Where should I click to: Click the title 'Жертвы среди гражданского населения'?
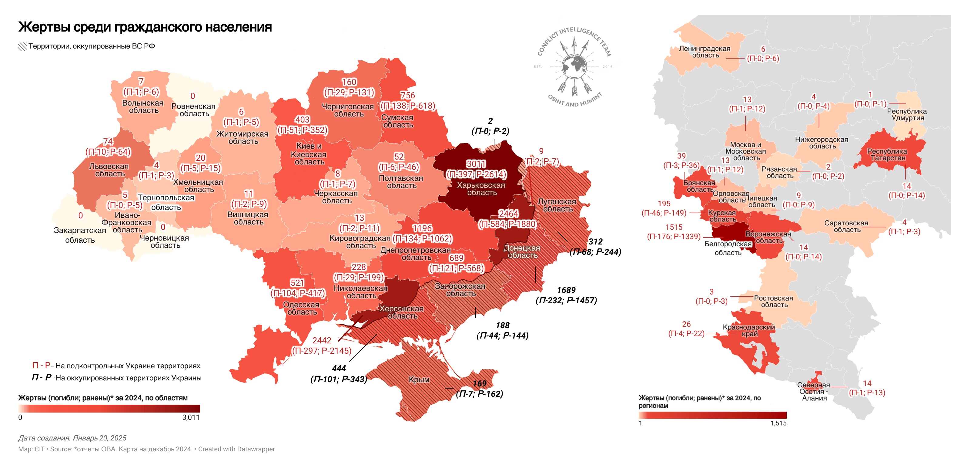click(145, 27)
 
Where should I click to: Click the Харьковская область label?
click(481, 189)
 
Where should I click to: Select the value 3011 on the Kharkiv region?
click(476, 164)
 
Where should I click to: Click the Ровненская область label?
click(193, 110)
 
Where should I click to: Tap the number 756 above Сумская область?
click(407, 96)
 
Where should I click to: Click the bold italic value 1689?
click(566, 290)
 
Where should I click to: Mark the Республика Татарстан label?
click(887, 155)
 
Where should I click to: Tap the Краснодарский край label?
click(748, 330)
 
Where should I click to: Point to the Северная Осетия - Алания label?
click(814, 391)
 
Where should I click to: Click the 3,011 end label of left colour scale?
click(191, 417)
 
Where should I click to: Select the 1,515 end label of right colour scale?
click(778, 423)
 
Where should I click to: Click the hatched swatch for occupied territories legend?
click(22, 46)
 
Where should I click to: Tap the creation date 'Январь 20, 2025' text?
click(99, 438)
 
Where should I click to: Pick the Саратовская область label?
click(846, 226)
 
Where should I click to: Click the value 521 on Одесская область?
click(297, 283)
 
